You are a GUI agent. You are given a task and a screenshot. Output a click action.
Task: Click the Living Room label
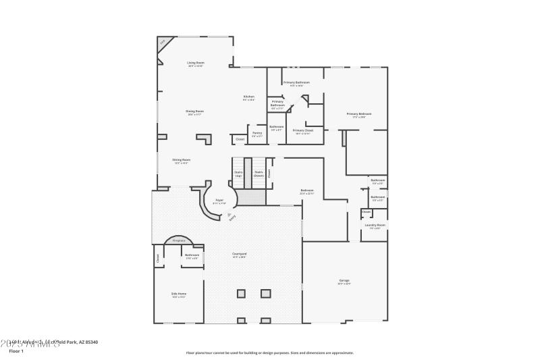pos(196,64)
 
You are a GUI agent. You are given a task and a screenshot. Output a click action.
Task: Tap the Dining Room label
pos(195,112)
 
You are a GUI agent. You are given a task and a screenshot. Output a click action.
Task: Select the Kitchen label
pos(249,98)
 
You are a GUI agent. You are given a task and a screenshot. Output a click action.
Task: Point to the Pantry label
pos(257,134)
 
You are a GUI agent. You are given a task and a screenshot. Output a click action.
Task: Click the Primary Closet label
pos(303,131)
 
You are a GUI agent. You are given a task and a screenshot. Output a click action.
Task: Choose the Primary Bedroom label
pos(359,115)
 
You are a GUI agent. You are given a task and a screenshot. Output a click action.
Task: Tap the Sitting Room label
pos(181,161)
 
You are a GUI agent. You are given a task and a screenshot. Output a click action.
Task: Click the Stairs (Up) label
pos(238,174)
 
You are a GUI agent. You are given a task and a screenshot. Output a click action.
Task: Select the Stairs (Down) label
pos(259,174)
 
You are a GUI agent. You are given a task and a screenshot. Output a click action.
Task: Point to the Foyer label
pos(219,201)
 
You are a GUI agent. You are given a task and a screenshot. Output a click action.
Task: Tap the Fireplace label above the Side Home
pos(179,240)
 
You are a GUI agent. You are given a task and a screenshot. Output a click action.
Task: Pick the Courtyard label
pos(239,255)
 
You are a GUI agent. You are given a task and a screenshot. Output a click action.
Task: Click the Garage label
pos(344,281)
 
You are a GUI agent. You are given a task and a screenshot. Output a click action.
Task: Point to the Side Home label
pos(179,294)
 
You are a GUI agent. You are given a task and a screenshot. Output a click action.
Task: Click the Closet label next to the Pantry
pos(240,139)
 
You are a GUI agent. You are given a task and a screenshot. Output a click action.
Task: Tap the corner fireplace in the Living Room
pos(163,44)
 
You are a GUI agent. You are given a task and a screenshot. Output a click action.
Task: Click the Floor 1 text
pos(16,351)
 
